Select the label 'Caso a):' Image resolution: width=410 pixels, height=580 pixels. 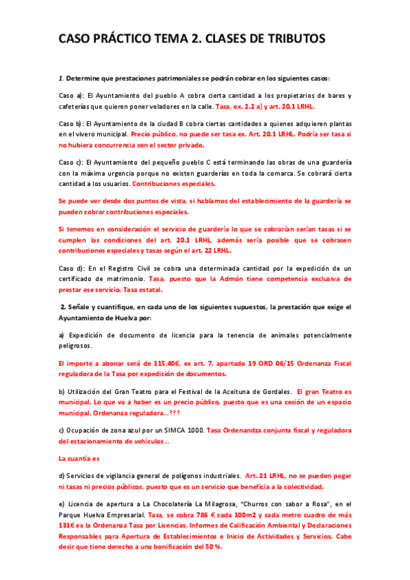[x=71, y=96]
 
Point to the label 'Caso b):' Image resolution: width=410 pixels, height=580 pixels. [x=71, y=124]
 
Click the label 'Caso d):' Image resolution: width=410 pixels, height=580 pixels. [x=71, y=269]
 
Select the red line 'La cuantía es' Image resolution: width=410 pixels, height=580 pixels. [x=79, y=458]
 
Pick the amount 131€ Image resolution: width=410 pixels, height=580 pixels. [x=68, y=525]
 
